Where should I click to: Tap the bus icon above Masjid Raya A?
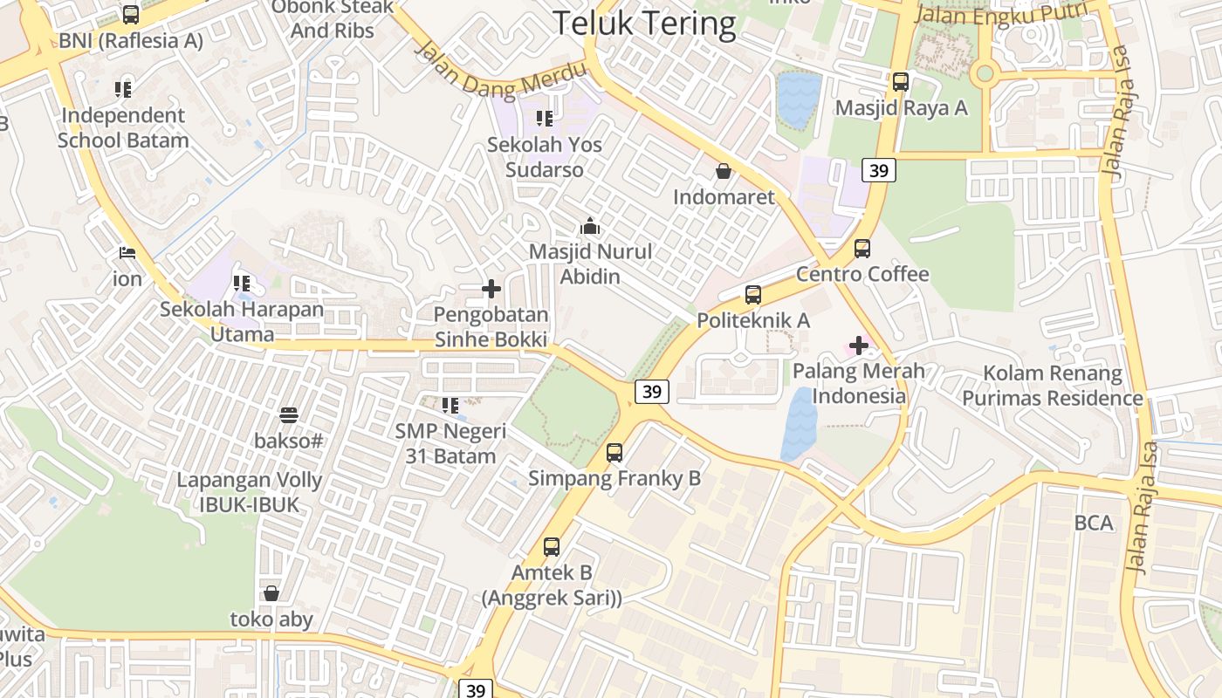point(901,82)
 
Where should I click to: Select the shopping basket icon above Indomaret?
point(724,171)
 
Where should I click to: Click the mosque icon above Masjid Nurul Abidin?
point(590,226)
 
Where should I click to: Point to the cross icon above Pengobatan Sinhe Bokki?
point(491,288)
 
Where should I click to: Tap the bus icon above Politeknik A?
point(753,295)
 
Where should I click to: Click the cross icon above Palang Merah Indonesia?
point(859,345)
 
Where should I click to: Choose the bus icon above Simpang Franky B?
point(614,452)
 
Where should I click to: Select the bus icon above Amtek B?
point(552,547)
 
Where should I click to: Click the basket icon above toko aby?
point(271,593)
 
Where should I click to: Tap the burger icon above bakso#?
point(289,414)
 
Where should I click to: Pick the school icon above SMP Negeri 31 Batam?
point(450,405)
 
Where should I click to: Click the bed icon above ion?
point(127,253)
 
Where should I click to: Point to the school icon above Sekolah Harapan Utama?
point(242,283)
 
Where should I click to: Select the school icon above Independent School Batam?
point(123,89)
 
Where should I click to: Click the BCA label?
point(1094,523)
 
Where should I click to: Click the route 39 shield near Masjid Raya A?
point(879,170)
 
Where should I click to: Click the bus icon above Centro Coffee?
point(862,249)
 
